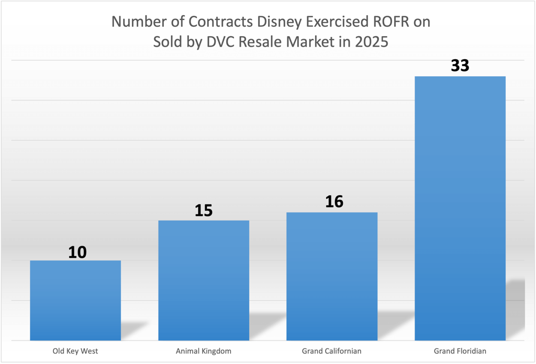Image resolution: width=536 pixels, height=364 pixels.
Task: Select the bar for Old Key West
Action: (x=75, y=300)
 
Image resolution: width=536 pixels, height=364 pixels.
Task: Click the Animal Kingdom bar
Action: (x=204, y=280)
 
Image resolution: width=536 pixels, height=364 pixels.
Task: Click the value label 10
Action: (x=77, y=252)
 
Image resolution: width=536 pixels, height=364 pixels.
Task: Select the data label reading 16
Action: (x=334, y=202)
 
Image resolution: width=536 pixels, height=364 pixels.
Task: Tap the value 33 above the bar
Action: (x=460, y=66)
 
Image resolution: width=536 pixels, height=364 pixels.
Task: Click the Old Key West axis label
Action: (x=75, y=350)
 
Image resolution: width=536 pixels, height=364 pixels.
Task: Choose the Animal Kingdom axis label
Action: (x=204, y=350)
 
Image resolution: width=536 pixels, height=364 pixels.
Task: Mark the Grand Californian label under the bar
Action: (x=332, y=350)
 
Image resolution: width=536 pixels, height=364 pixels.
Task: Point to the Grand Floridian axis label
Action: (x=460, y=350)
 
